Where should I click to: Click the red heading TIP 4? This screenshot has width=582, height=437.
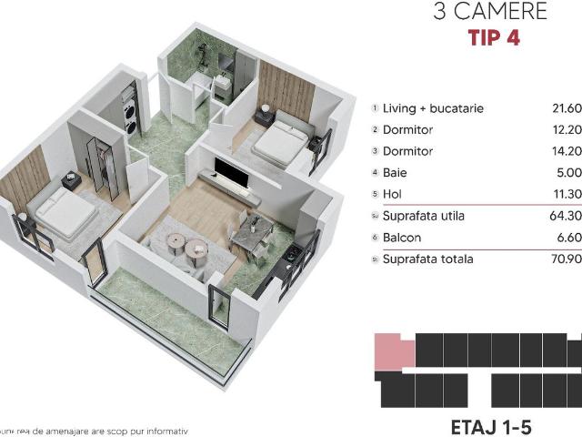tap(494, 38)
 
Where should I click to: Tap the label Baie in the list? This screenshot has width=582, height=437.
tap(395, 172)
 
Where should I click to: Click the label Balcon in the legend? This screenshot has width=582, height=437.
tap(401, 238)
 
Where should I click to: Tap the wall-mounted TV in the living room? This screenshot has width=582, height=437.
tap(227, 169)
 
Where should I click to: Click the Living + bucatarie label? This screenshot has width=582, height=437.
tap(433, 108)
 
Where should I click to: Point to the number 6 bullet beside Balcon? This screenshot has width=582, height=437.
tap(375, 238)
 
